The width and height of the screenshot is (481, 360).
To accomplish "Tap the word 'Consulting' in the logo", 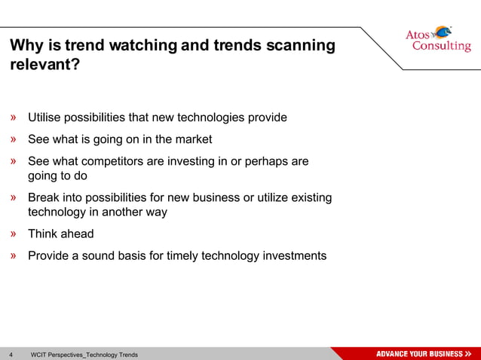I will (x=441, y=47).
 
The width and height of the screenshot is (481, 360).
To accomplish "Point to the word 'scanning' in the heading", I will (x=302, y=45).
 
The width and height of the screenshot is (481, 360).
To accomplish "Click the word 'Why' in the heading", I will (x=25, y=45).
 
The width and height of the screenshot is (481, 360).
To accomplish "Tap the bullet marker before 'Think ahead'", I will (x=14, y=234).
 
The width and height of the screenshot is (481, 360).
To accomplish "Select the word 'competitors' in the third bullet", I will (x=124, y=162).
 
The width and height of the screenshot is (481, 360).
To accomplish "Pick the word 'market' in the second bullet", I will (x=193, y=139).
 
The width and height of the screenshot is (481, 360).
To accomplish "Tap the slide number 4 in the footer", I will (x=11, y=354).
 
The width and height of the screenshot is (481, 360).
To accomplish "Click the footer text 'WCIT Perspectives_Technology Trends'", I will (x=84, y=354).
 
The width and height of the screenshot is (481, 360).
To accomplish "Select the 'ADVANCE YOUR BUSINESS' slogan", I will (x=419, y=354).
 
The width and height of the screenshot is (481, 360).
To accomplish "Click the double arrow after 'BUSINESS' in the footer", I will (x=469, y=354).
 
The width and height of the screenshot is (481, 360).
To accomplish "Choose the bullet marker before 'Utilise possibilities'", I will (x=14, y=117).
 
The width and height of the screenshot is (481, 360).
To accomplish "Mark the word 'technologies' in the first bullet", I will (x=211, y=117).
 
